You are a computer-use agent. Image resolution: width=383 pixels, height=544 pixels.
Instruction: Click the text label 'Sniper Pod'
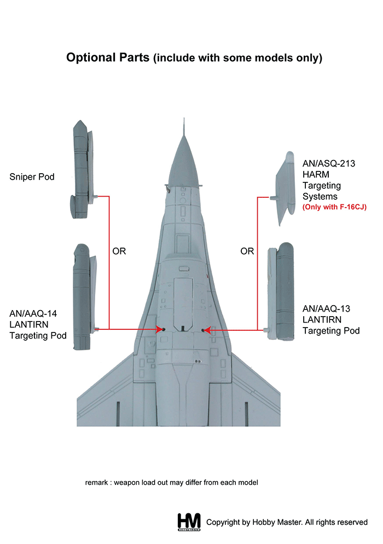(32, 177)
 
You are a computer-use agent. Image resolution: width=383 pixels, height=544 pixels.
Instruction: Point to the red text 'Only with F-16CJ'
(334, 207)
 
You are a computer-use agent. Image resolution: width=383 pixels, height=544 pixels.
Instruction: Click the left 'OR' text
(119, 251)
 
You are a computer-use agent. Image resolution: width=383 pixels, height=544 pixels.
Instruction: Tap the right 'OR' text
(247, 251)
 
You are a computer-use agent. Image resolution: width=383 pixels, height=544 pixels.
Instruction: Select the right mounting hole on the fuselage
(204, 330)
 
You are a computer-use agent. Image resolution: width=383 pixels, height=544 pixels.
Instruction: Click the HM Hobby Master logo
(189, 522)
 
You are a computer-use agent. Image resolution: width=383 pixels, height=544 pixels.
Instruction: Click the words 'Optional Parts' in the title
(107, 58)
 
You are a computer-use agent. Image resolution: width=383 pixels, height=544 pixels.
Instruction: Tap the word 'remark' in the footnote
(97, 483)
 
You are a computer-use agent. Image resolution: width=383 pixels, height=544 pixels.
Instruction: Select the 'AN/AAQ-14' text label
(32, 313)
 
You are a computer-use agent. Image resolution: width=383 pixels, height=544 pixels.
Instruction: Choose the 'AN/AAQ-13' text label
(327, 309)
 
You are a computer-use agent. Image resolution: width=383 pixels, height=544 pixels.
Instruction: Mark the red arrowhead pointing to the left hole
(157, 329)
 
